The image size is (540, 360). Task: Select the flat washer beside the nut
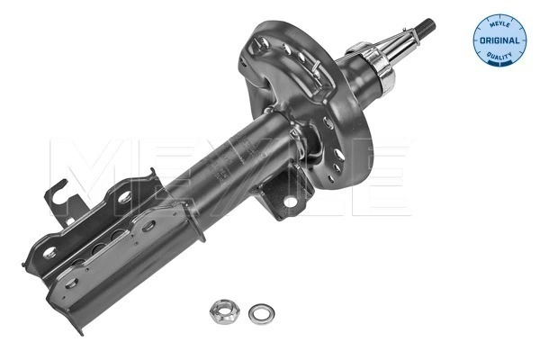pos(260,310)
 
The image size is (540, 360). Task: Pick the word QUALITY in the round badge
pos(498,58)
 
